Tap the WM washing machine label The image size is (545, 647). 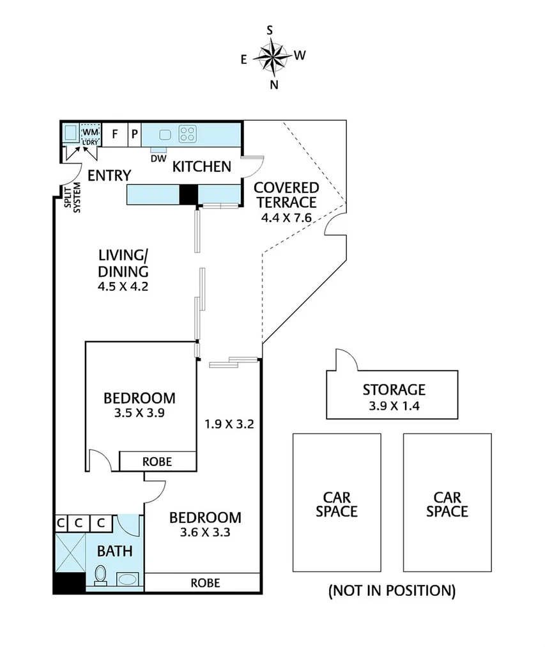[x=89, y=132]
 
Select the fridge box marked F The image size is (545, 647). [x=115, y=134]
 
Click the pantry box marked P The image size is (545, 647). [x=135, y=134]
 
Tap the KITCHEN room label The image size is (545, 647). [x=202, y=167]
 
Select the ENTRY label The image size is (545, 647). [x=109, y=175]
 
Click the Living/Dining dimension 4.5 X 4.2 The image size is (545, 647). [x=123, y=286]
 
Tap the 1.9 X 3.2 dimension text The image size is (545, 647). [x=229, y=423]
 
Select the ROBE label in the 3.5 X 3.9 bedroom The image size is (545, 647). [x=157, y=461]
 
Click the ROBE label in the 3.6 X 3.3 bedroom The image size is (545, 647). [x=205, y=582]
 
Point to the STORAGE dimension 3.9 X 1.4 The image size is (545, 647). [x=394, y=405]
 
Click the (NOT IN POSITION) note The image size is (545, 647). [x=392, y=590]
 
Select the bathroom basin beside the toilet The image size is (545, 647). [x=127, y=581]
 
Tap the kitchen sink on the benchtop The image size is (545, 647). [x=165, y=134]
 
